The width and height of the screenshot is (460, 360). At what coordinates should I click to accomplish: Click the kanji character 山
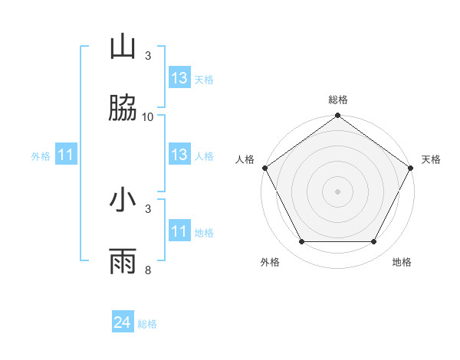(x=123, y=47)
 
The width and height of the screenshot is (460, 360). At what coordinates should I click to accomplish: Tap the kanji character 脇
(x=123, y=110)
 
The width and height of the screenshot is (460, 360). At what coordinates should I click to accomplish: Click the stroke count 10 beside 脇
(x=148, y=117)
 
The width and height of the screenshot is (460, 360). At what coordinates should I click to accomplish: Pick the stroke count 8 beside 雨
(x=148, y=270)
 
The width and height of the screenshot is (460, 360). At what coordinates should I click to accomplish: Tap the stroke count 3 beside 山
(x=148, y=56)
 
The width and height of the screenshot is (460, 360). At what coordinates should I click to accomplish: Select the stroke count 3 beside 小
(x=148, y=208)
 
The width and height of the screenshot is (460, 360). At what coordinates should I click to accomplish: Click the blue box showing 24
(x=123, y=323)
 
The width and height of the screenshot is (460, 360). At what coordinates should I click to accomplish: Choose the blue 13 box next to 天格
(x=179, y=78)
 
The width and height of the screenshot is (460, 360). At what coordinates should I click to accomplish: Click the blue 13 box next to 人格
(x=179, y=155)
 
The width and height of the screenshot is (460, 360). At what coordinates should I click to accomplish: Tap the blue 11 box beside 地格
(x=179, y=231)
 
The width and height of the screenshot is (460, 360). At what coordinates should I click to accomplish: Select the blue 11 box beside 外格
(x=66, y=155)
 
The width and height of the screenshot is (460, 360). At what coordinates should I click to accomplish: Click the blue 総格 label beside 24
(x=147, y=324)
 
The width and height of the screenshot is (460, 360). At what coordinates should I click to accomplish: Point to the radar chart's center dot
(x=337, y=191)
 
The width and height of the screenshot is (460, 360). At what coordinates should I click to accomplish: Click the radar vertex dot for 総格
(x=337, y=116)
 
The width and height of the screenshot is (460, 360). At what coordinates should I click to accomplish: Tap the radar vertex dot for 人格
(x=264, y=168)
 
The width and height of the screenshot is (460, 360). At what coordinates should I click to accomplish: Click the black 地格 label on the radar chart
(x=402, y=263)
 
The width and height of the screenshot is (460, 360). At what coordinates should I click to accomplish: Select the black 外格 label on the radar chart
(x=270, y=263)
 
